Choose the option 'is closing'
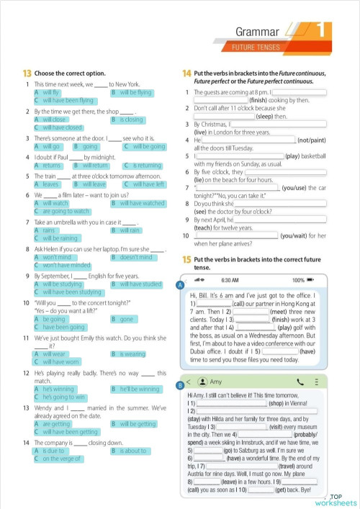[132, 120]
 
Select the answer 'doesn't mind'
[136, 257]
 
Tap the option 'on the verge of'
[63, 458]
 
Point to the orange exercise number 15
[186, 258]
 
